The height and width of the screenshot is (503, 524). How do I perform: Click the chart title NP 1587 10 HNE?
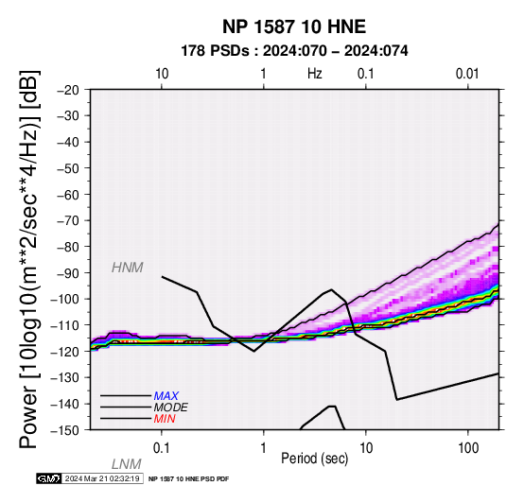coord(294,26)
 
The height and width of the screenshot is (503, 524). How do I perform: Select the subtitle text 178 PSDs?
coord(215,51)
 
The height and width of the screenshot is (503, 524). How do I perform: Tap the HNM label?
coord(128,268)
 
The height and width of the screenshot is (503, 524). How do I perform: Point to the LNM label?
coord(127,464)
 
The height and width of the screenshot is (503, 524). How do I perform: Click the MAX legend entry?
coord(166,396)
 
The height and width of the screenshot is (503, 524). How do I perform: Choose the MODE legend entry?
coord(171,408)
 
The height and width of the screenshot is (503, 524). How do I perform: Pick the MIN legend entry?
coord(165,419)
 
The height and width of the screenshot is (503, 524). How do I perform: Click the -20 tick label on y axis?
coord(68,90)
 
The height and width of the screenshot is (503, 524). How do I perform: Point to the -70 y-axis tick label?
coord(68,221)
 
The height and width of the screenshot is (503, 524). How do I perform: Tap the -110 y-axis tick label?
coord(65,325)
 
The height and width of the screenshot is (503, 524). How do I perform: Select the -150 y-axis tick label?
coord(65,430)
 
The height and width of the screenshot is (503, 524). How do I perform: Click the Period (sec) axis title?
coord(314,459)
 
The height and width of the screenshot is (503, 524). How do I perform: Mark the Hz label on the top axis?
coord(315,74)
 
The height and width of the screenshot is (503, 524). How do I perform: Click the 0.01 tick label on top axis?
coord(467,74)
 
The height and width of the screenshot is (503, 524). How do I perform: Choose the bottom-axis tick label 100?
coord(468,448)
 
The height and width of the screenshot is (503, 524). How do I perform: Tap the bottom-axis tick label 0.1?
coord(162,448)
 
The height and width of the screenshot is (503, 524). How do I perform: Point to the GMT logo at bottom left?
coord(49,478)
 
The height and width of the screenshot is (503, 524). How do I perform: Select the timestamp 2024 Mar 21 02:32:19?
coord(102,478)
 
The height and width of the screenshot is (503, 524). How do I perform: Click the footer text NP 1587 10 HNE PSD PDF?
coord(189,479)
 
